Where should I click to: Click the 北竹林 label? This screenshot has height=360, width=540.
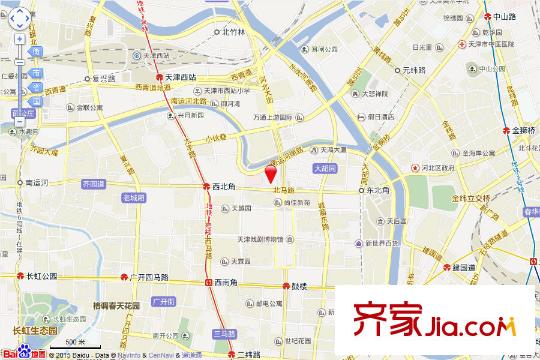233,31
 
